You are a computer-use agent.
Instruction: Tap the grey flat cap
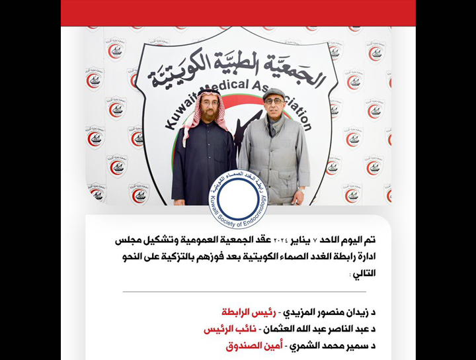[x=273, y=93]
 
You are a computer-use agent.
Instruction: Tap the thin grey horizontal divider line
[x=244, y=292]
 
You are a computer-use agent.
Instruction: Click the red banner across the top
[x=238, y=13]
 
